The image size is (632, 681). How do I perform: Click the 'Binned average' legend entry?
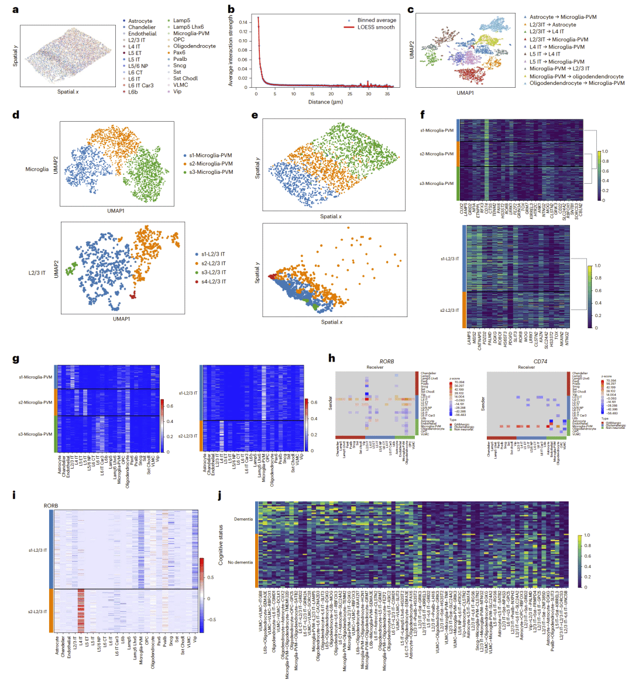coord(377,20)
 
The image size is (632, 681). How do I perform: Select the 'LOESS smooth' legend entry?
coord(377,27)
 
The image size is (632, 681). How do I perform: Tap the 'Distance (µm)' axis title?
coord(325,102)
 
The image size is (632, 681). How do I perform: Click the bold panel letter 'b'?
coord(231,9)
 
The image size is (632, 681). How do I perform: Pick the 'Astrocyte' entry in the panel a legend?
coord(140,21)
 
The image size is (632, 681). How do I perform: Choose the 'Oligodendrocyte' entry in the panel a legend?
coord(194,46)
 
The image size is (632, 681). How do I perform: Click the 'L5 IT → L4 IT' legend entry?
coord(545,54)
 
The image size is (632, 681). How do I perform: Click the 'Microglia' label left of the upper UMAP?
coord(37,169)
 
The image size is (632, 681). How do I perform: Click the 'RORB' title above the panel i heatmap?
coord(51,505)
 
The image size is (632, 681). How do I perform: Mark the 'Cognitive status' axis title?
coord(221,545)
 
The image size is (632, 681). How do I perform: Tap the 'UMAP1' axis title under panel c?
coord(465,92)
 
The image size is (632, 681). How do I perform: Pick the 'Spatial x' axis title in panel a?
coord(68,92)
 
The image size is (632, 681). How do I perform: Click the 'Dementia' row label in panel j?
coord(243,519)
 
